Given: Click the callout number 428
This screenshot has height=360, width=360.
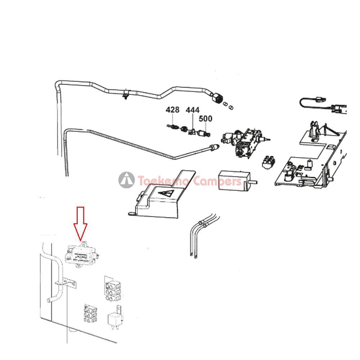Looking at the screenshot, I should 172,110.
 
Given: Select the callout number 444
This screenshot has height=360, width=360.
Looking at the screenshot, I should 193,110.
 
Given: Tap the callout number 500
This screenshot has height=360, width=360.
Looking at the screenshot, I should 206,118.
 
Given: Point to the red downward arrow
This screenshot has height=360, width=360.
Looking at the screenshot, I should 80,223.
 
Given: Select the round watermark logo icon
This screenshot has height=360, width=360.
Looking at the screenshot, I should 127,180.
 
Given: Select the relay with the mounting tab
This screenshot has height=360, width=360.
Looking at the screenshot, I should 116,319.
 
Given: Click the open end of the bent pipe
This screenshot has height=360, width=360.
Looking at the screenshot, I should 48,300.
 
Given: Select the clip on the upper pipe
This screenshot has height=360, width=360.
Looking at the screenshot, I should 125,95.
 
